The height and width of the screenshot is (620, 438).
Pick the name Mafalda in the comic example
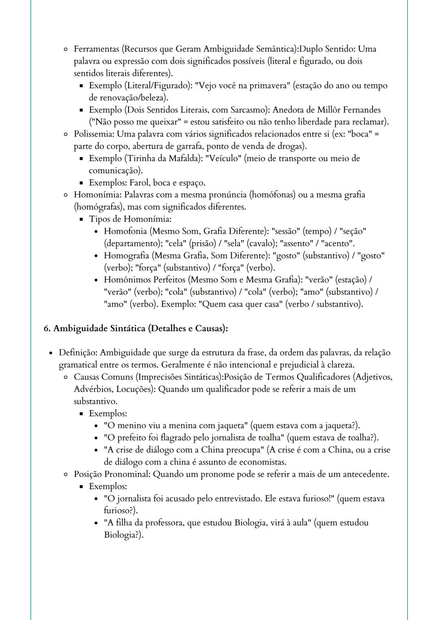coord(184,159)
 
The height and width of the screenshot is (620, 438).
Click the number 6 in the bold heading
coord(46,328)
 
